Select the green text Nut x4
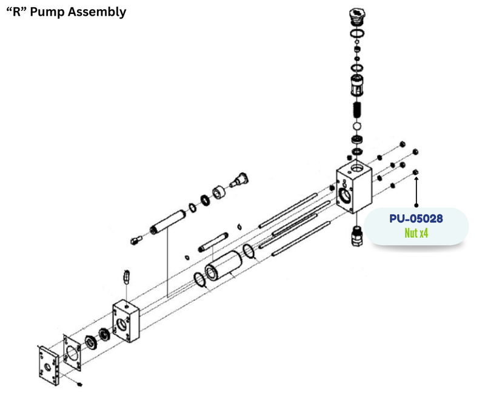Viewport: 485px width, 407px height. (416, 232)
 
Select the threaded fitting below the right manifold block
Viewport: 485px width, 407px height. (357, 235)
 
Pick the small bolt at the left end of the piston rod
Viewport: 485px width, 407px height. (135, 240)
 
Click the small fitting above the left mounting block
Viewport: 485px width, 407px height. (127, 277)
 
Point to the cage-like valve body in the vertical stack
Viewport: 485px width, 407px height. (357, 86)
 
